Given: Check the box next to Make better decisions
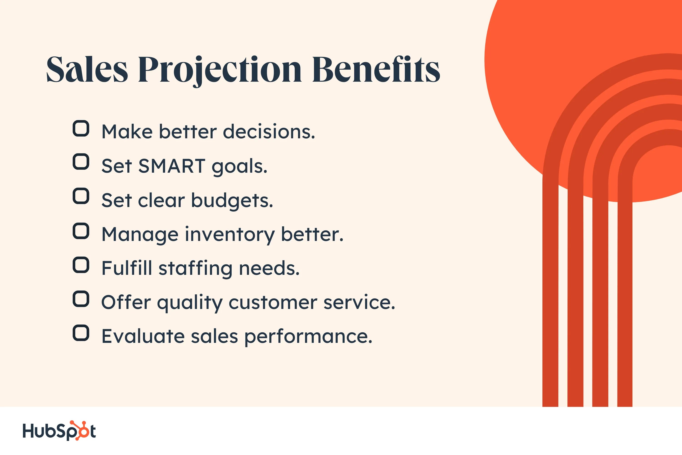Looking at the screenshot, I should (81, 129).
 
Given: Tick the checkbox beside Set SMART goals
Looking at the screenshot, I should (81, 162).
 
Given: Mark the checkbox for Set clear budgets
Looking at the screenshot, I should (81, 196).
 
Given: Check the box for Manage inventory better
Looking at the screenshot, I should (81, 231).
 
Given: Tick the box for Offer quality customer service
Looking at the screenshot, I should (81, 299).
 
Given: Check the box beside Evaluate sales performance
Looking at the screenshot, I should (81, 333).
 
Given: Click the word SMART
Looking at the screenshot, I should (172, 166).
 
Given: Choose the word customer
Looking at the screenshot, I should (273, 303).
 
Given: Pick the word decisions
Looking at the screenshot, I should (268, 132).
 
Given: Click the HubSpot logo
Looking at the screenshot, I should (59, 431).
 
